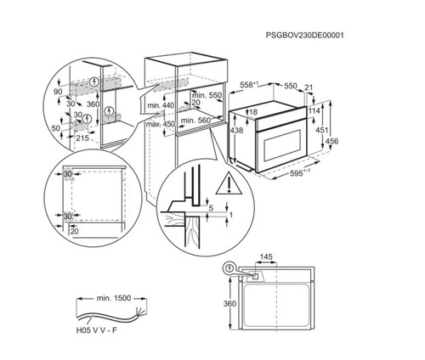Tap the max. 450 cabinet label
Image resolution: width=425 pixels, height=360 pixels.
[x=160, y=122]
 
